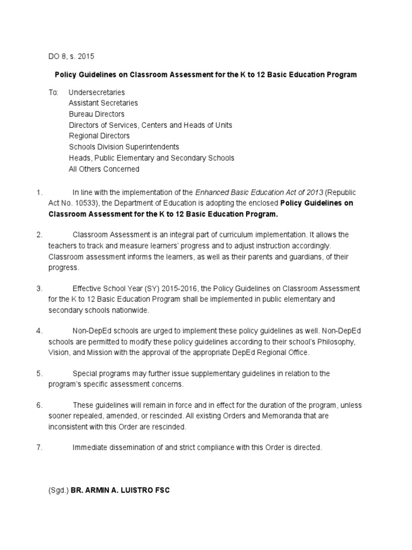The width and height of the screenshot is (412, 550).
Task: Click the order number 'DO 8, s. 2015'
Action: (71, 56)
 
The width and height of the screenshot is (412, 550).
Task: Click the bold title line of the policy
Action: (206, 75)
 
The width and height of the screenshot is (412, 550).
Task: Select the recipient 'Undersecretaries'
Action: (97, 92)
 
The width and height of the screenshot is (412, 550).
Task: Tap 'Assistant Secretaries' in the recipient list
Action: (103, 103)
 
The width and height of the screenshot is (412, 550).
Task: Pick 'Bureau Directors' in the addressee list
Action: (97, 114)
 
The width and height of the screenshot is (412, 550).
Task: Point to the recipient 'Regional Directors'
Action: (99, 136)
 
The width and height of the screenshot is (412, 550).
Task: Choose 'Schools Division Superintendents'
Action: (124, 147)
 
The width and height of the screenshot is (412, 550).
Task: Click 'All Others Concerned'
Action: (104, 169)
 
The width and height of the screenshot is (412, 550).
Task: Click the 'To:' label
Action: (53, 92)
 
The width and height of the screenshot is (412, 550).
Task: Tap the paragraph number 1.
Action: (39, 192)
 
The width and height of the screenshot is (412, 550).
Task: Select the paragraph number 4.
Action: (39, 330)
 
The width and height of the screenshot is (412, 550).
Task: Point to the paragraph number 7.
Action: (39, 447)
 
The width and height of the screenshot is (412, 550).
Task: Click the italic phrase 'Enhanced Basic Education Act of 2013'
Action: (259, 192)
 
